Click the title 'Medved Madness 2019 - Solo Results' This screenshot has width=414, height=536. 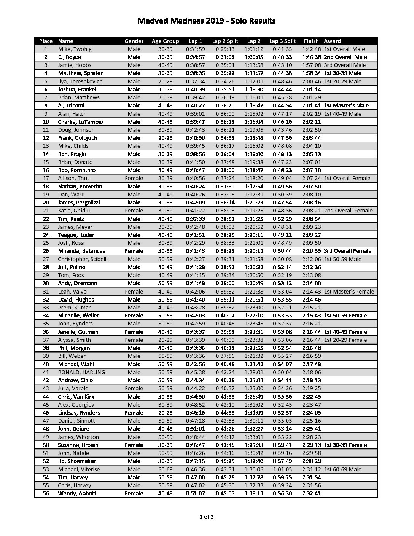[206, 21]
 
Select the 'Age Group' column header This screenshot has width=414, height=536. [165, 41]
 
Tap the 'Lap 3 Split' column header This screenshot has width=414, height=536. [282, 41]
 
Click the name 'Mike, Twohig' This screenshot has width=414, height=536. [75, 49]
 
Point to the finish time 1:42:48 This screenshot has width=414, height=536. [311, 49]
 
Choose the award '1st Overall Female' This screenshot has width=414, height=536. [347, 178]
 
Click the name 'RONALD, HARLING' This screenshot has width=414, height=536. [81, 372]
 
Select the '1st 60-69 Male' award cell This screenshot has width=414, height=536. [342, 469]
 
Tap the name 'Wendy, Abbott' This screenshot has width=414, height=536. [77, 493]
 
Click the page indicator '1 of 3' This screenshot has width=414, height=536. [207, 517]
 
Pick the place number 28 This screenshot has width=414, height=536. [46, 267]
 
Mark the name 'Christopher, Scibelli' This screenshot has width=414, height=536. [83, 259]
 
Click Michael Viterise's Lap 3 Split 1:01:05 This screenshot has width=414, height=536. [282, 469]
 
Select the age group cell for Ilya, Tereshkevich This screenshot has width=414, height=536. [165, 81]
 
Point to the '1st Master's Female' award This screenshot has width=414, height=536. [349, 292]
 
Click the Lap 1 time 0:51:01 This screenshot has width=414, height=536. [195, 429]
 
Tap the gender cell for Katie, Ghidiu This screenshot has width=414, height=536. [134, 211]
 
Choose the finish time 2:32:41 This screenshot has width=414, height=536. [311, 493]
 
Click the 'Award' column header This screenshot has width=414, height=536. [332, 41]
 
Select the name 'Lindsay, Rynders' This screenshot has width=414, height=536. [79, 413]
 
